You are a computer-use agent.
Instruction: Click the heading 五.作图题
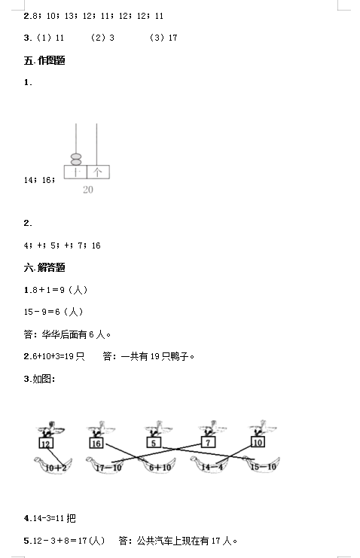[44, 60]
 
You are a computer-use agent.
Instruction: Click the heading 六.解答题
[44, 267]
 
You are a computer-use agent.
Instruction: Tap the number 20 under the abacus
[88, 190]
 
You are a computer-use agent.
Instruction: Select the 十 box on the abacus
[75, 172]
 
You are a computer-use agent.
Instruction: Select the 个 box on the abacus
[98, 172]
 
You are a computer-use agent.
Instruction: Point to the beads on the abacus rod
[76, 159]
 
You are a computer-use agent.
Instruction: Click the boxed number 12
[46, 444]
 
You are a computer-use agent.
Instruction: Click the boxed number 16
[96, 443]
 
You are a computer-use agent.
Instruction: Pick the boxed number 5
[154, 443]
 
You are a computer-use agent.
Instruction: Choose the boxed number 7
[208, 442]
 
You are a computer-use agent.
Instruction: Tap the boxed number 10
[258, 442]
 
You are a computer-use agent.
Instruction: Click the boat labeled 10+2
[53, 465]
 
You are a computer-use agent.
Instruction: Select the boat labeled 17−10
[105, 465]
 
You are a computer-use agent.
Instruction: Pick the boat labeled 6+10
[159, 465]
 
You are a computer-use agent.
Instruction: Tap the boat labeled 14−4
[209, 465]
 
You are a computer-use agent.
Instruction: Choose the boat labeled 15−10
[262, 465]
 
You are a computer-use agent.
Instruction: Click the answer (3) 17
[163, 38]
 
